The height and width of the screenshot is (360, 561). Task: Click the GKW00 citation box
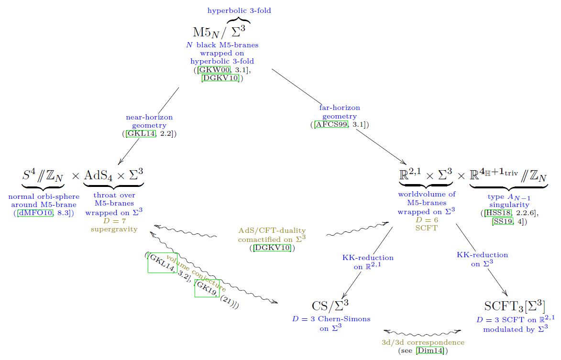point(214,70)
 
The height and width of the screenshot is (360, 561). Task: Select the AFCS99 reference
point(331,125)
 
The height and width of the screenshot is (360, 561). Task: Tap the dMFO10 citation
point(35,213)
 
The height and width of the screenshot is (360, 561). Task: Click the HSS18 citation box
point(498,213)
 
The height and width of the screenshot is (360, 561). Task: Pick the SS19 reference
point(502,221)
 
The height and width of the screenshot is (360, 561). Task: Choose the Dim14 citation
point(430,351)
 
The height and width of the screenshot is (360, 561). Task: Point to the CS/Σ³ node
point(330,305)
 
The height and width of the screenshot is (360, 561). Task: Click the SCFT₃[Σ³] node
point(515,306)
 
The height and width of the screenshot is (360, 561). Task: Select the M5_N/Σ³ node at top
point(219,32)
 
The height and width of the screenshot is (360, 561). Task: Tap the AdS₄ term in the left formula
point(98,175)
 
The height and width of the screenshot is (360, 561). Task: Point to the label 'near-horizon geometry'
point(149,121)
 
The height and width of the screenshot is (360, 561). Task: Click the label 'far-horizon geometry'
point(340,112)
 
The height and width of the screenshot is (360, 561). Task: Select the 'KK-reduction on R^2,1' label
point(368,262)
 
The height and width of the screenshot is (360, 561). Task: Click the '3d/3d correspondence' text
point(423,342)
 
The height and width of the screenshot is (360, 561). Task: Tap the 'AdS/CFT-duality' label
point(272,230)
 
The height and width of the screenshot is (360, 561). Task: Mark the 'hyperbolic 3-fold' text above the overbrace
point(239,11)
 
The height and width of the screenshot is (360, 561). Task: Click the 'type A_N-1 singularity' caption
point(509,200)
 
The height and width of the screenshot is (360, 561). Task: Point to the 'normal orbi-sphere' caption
point(44,196)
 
